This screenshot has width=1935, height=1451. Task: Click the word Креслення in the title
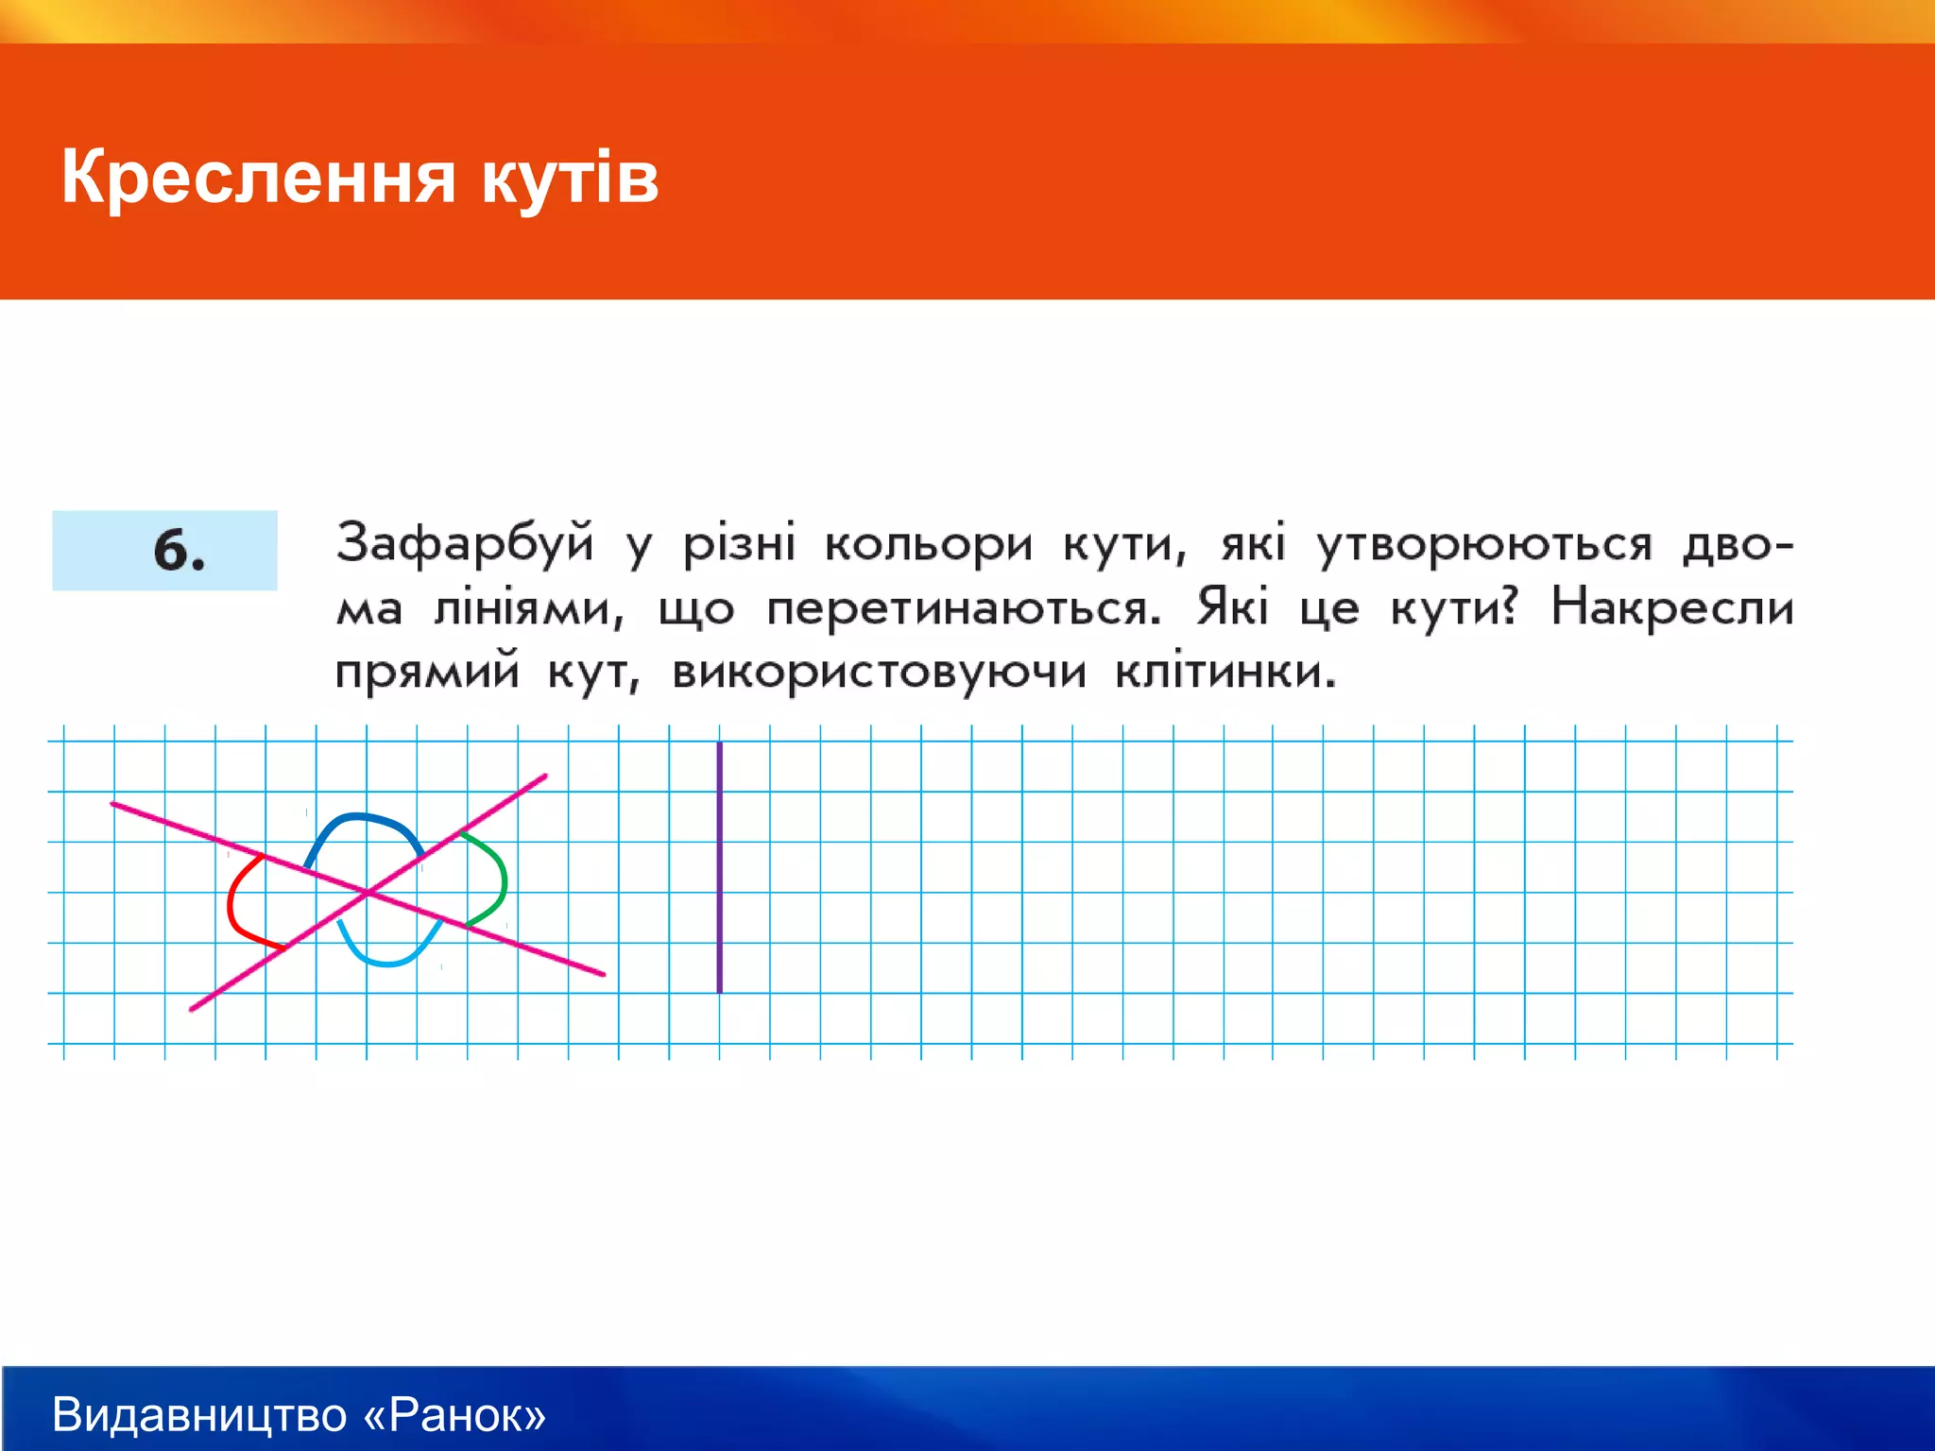tap(258, 178)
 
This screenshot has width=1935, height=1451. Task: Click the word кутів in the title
tap(570, 178)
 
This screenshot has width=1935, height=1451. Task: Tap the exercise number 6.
tap(179, 551)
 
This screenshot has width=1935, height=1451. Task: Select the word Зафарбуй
tap(465, 544)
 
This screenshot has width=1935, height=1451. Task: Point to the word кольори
tap(928, 544)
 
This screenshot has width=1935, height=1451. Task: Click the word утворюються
tap(1484, 544)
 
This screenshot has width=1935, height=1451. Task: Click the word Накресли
tap(1672, 606)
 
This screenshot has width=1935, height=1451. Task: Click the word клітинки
tap(1225, 671)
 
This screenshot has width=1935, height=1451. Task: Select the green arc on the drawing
tap(503, 879)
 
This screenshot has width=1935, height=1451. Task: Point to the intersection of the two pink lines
tap(368, 893)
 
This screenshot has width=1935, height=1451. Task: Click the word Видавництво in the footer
tap(199, 1414)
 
